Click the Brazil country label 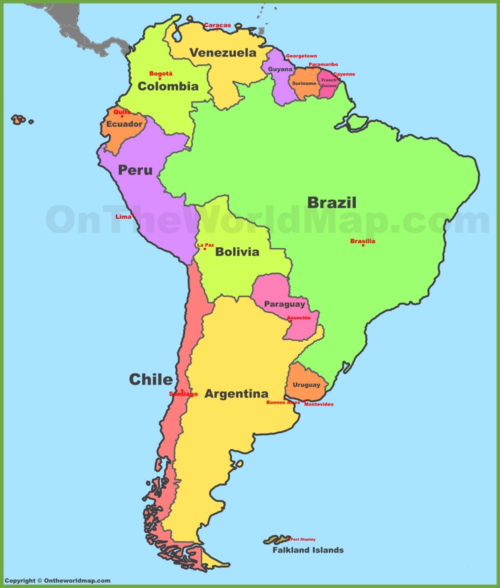click(x=332, y=202)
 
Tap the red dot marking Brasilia click(x=363, y=245)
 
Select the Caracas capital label click(x=217, y=26)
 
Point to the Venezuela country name click(x=222, y=53)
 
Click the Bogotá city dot click(x=160, y=79)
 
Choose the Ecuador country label click(x=124, y=124)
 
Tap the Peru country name click(x=135, y=170)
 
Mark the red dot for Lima click(x=133, y=215)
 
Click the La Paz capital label click(x=206, y=245)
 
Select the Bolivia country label click(x=237, y=252)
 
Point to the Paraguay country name click(x=284, y=304)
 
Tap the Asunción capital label click(x=299, y=317)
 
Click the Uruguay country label click(x=307, y=385)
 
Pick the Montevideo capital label click(x=319, y=404)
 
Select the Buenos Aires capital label click(x=283, y=402)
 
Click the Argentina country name click(x=237, y=393)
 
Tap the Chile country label click(x=150, y=379)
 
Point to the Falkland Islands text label click(x=308, y=550)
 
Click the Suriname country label click(x=304, y=84)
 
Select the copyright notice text click(x=57, y=581)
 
